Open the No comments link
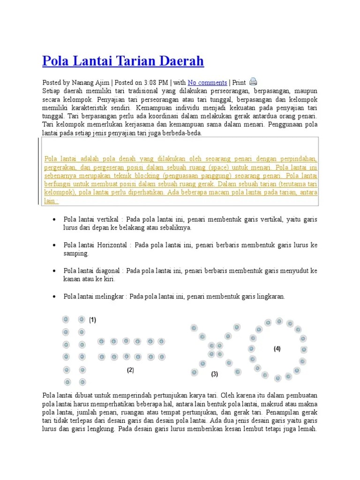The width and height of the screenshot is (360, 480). click(207, 82)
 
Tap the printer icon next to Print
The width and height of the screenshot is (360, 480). click(253, 82)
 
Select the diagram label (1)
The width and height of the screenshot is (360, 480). click(93, 320)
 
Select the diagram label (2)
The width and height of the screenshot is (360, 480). click(130, 370)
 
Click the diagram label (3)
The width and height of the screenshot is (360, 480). click(214, 374)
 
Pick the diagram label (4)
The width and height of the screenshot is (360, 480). click(277, 349)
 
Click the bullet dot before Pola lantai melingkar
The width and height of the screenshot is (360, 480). click(55, 297)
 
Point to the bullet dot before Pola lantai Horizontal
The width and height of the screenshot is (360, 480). click(55, 245)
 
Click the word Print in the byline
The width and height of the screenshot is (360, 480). click(239, 82)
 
